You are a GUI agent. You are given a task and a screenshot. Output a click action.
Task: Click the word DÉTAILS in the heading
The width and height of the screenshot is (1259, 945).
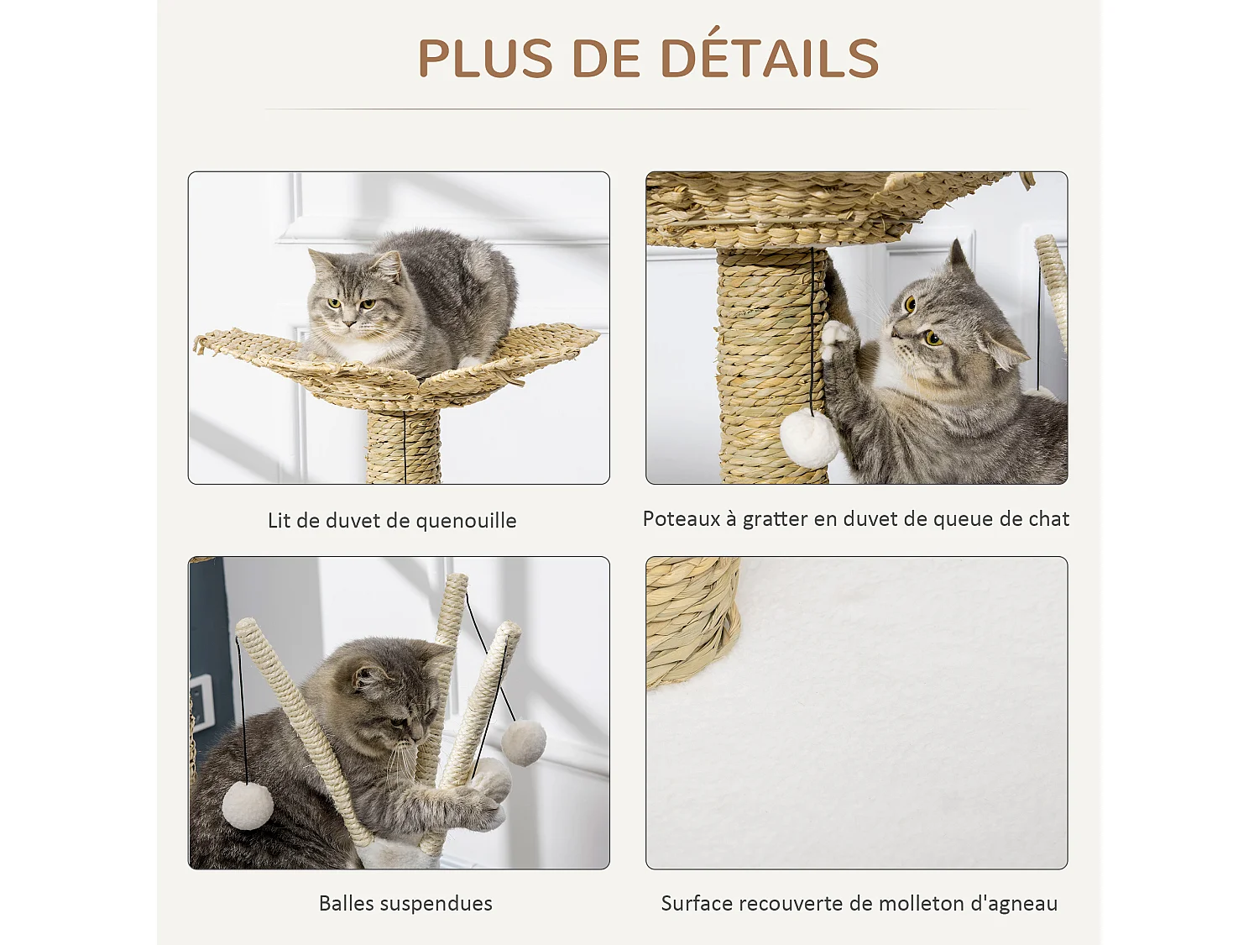pyautogui.click(x=769, y=58)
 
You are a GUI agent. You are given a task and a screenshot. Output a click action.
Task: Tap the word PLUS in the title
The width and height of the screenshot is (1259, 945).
pyautogui.click(x=485, y=58)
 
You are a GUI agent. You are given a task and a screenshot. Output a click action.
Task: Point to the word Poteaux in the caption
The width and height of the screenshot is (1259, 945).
pyautogui.click(x=681, y=519)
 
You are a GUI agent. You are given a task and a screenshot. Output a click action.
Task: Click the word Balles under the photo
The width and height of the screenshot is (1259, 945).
pyautogui.click(x=347, y=904)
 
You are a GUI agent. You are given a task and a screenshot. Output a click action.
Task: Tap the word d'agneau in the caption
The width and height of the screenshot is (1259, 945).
pyautogui.click(x=1014, y=904)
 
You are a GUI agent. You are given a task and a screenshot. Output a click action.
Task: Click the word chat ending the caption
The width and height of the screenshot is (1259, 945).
pyautogui.click(x=1048, y=519)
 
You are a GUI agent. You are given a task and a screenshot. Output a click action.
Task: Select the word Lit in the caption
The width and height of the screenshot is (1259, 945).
pyautogui.click(x=279, y=521)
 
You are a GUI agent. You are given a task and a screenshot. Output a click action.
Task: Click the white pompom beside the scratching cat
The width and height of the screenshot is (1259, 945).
pyautogui.click(x=809, y=438)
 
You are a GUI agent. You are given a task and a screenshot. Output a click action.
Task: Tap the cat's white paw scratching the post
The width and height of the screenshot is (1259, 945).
pyautogui.click(x=835, y=338)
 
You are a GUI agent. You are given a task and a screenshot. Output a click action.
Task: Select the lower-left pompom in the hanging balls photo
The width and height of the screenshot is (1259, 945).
pyautogui.click(x=248, y=804)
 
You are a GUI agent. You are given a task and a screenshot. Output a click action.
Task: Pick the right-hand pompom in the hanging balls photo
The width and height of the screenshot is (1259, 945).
pyautogui.click(x=524, y=742)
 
